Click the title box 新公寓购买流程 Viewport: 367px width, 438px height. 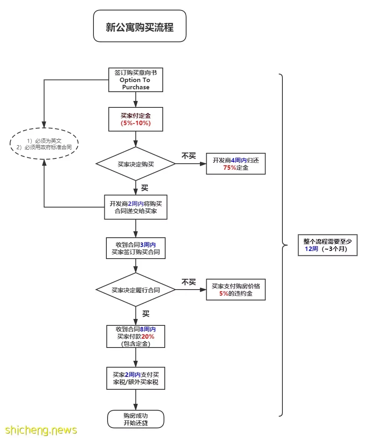coord(139,26)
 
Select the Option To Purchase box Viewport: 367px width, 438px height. coord(136,80)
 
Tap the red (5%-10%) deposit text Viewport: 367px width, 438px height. coord(136,123)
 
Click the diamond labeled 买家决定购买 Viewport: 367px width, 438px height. coord(136,164)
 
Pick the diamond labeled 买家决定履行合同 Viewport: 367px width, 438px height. coord(136,290)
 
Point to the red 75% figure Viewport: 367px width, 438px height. coord(230,168)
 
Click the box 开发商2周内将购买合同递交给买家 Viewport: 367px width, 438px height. coord(136,207)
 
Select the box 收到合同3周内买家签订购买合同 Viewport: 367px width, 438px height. coord(136,248)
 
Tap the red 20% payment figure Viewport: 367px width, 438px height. coord(148,337)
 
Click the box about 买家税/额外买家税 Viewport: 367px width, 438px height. coord(136,378)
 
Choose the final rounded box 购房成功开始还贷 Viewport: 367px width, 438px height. coord(136,419)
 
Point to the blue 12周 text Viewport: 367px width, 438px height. coord(311,249)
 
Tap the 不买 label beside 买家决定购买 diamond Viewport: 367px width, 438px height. coord(189,156)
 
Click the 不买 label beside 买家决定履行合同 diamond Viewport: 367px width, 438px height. coord(189,282)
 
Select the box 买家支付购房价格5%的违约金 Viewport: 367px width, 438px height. coord(236,290)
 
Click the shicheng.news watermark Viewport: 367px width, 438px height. coord(41,430)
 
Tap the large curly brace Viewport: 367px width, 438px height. coord(282,245)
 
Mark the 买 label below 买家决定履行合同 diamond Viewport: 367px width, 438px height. coord(146,314)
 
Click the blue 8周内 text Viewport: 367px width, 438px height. coord(148,329)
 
